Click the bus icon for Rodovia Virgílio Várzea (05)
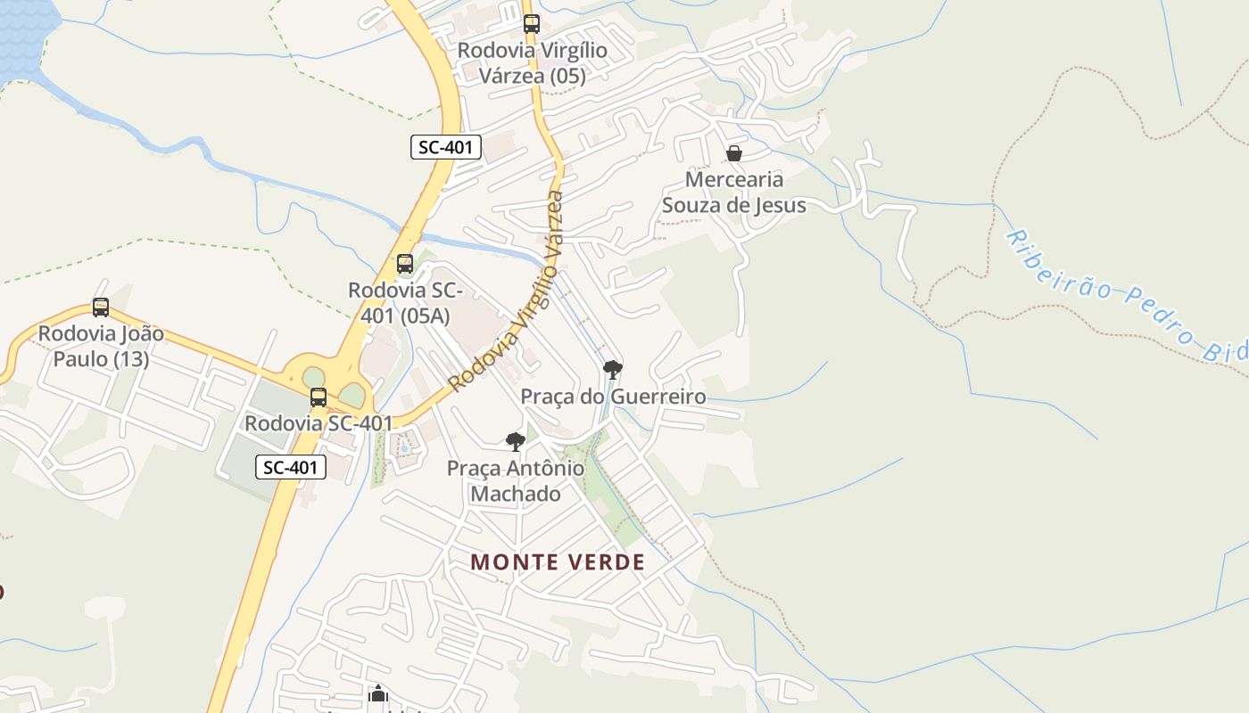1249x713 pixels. [x=532, y=24]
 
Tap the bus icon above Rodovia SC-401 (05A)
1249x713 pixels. [x=405, y=263]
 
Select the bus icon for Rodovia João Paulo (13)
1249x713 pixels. [x=101, y=307]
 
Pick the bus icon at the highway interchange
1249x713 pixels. [x=318, y=397]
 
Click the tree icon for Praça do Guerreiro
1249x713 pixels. [x=613, y=369]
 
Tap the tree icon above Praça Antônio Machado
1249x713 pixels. [x=516, y=441]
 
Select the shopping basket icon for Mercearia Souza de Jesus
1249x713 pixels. [x=734, y=153]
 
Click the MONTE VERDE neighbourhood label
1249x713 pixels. [x=558, y=562]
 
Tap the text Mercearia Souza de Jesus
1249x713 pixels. [x=733, y=193]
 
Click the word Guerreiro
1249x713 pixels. [x=658, y=397]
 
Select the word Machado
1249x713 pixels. [x=516, y=494]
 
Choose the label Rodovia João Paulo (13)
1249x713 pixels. [x=101, y=346]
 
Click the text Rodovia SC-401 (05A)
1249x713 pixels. [x=405, y=303]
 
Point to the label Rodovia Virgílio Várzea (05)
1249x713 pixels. [x=533, y=63]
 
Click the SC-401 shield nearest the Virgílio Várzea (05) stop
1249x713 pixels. [x=446, y=147]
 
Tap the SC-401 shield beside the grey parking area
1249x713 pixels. [x=291, y=467]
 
